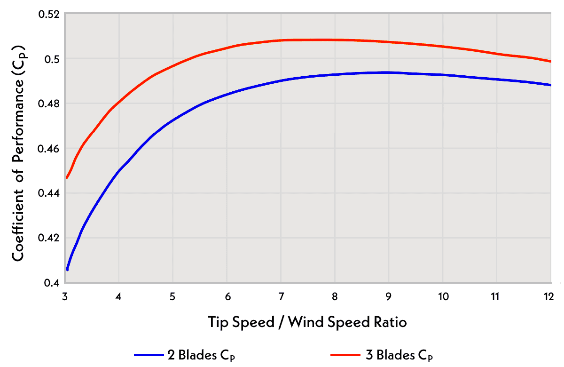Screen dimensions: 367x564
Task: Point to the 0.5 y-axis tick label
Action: click(52, 59)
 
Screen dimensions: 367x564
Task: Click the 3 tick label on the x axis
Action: click(65, 297)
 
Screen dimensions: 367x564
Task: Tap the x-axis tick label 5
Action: click(172, 297)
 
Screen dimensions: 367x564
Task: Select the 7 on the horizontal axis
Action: click(281, 297)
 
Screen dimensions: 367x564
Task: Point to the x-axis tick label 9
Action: click(388, 297)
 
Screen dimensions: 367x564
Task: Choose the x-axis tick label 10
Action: click(442, 297)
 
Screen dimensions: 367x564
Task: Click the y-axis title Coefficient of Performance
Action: click(19, 153)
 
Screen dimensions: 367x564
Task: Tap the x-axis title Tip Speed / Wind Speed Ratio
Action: click(307, 322)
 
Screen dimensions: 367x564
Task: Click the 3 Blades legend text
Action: click(404, 355)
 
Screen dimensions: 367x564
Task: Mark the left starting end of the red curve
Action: click(67, 177)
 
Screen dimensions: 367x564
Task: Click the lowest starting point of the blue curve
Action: click(68, 270)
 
